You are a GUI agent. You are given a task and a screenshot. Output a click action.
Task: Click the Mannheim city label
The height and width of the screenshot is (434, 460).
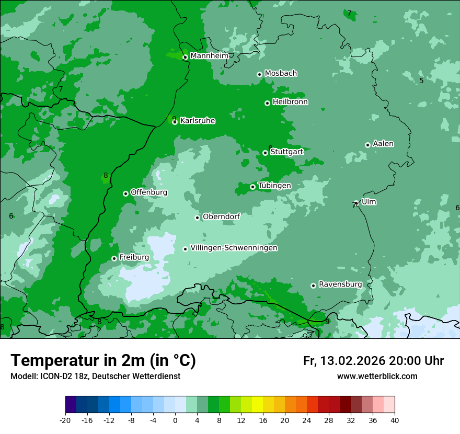209,55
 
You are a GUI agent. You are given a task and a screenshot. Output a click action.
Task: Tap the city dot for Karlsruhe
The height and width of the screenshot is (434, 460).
175,122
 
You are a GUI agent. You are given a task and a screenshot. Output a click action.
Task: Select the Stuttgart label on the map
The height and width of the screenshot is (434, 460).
286,152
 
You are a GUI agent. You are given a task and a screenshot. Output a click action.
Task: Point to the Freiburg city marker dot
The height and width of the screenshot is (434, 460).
114,258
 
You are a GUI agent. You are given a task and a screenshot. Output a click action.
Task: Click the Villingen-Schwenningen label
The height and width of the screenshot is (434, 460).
234,248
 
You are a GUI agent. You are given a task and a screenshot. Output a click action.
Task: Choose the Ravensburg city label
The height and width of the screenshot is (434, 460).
340,284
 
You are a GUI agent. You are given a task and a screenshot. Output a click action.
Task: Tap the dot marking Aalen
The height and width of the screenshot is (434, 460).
367,145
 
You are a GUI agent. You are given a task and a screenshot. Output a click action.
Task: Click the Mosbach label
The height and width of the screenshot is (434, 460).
280,73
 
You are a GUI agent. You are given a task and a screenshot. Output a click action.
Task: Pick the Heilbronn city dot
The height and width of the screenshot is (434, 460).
267,103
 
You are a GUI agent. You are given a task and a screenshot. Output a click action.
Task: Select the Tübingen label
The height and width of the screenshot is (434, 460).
274,186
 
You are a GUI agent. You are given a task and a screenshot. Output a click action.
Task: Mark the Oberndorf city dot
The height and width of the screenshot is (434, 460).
197,218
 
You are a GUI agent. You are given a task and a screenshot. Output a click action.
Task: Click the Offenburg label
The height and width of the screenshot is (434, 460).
148,192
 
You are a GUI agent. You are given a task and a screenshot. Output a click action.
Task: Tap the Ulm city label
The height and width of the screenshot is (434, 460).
369,202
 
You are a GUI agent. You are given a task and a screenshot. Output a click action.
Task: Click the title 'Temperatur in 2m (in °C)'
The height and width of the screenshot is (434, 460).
103,360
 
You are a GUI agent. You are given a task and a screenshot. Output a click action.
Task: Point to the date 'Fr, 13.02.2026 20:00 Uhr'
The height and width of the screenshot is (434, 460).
373,361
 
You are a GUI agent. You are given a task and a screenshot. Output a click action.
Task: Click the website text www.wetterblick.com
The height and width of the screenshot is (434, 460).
377,376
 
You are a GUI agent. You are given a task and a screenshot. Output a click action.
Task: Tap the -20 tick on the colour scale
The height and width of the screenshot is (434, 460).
65,420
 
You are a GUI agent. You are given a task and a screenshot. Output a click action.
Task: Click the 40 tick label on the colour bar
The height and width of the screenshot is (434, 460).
395,420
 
